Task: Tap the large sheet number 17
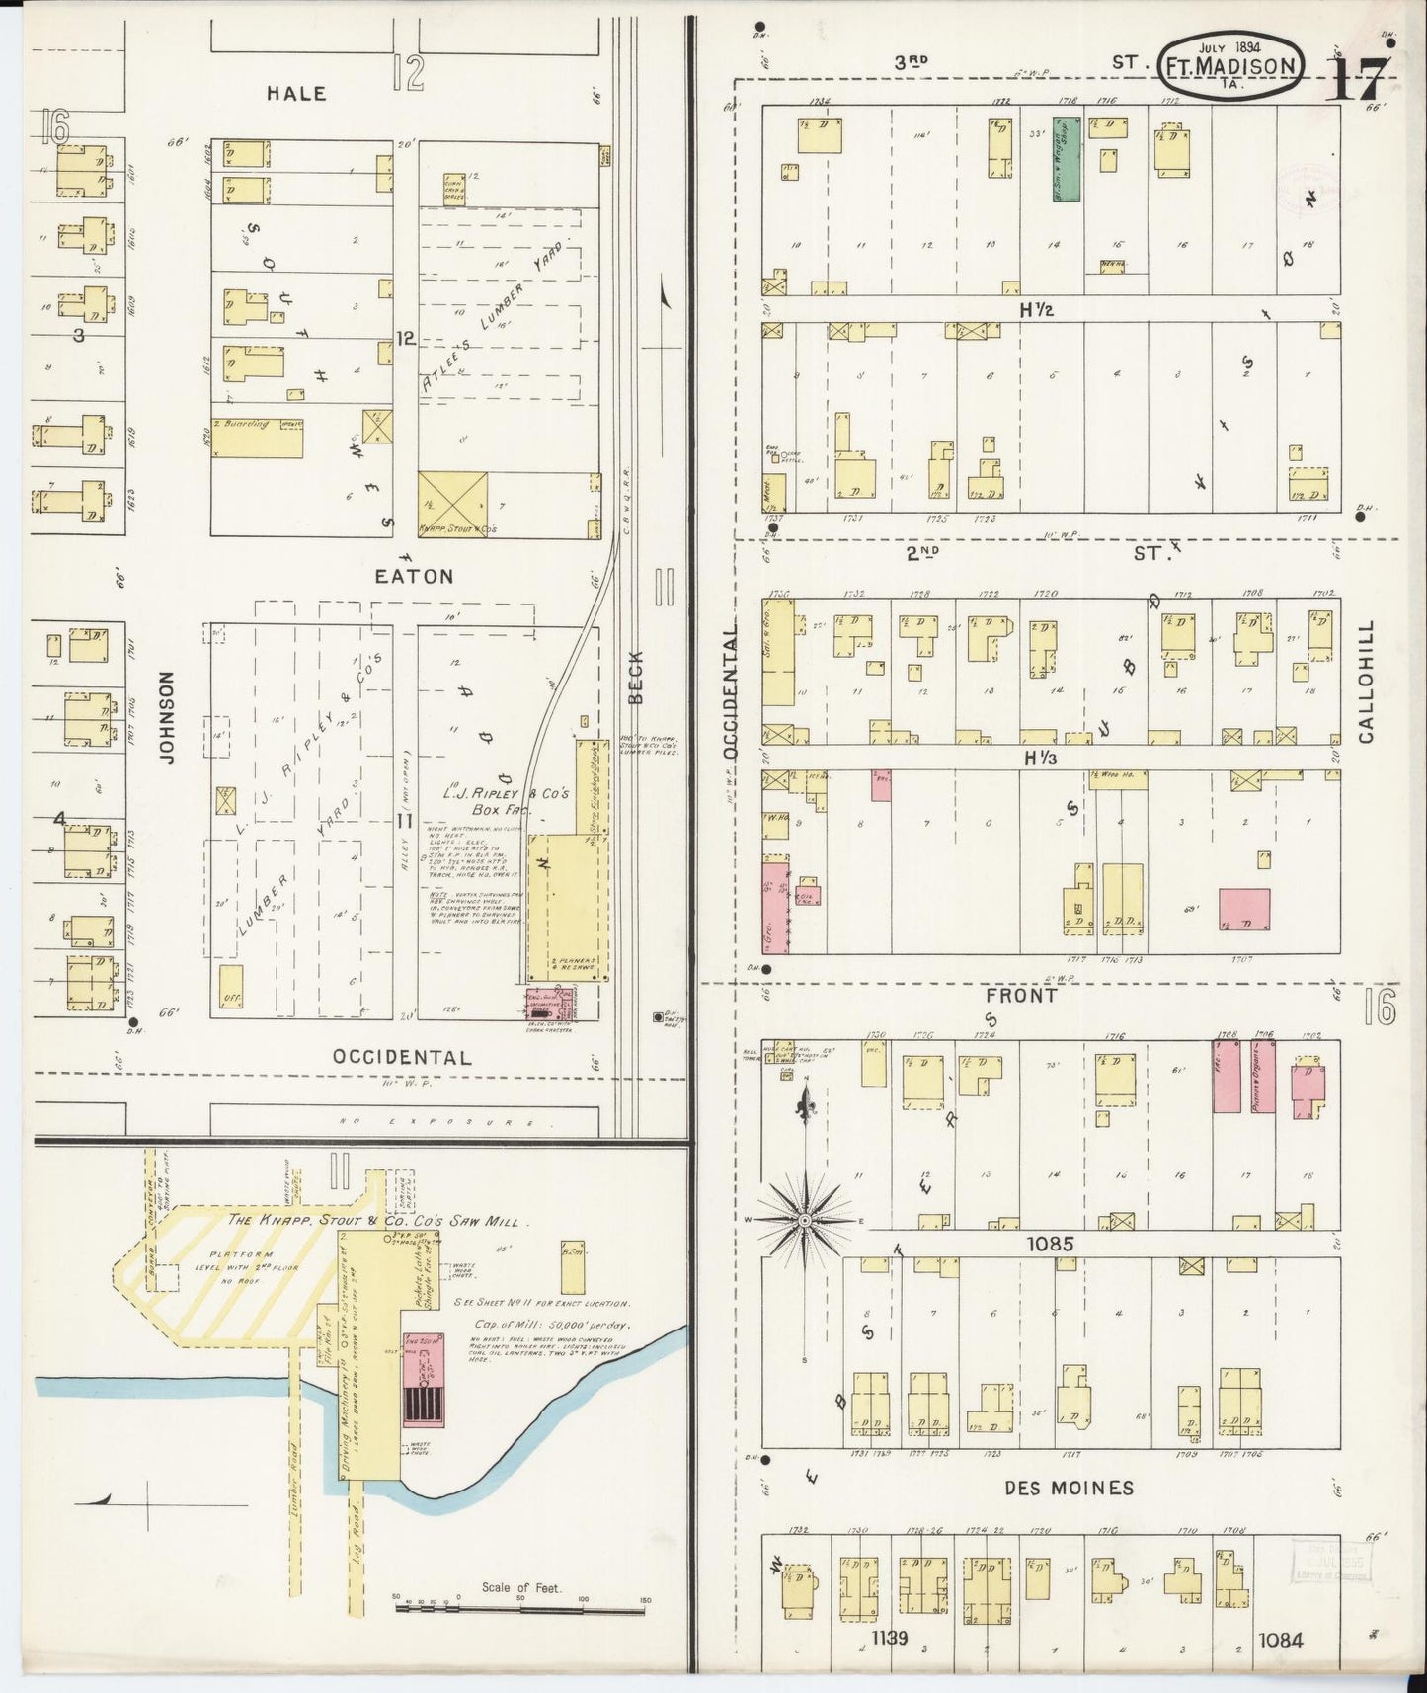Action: (x=1357, y=75)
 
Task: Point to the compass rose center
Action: (x=805, y=1221)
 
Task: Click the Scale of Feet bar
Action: (x=521, y=1608)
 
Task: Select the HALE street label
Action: (x=296, y=93)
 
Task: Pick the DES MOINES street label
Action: (x=1056, y=1488)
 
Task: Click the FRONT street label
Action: (x=1022, y=996)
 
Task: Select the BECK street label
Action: (x=636, y=677)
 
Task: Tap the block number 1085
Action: (x=1049, y=1245)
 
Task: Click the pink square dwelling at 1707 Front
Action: (x=1243, y=910)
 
